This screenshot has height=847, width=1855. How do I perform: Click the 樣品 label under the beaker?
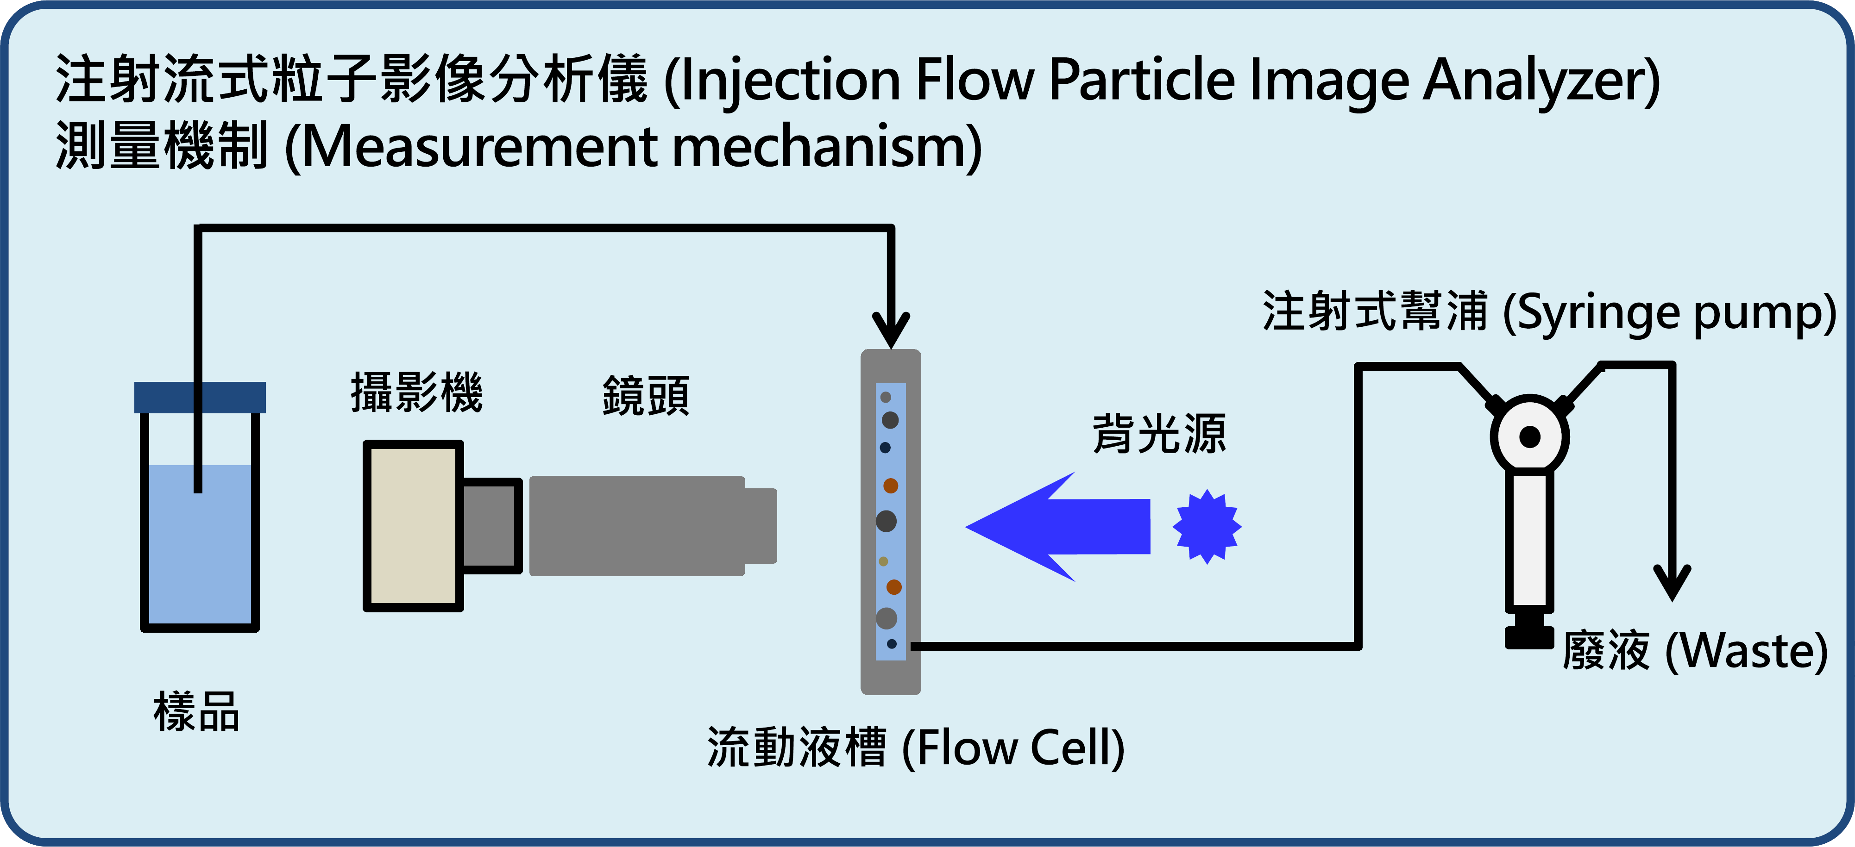coord(196,712)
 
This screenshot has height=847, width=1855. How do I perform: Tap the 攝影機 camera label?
coord(416,393)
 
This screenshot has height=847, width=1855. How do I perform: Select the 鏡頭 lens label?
coord(645,396)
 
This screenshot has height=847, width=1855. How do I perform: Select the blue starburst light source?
coord(1207,527)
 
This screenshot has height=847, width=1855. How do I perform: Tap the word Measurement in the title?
coord(479,147)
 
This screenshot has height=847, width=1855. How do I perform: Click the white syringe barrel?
coord(1529,540)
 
